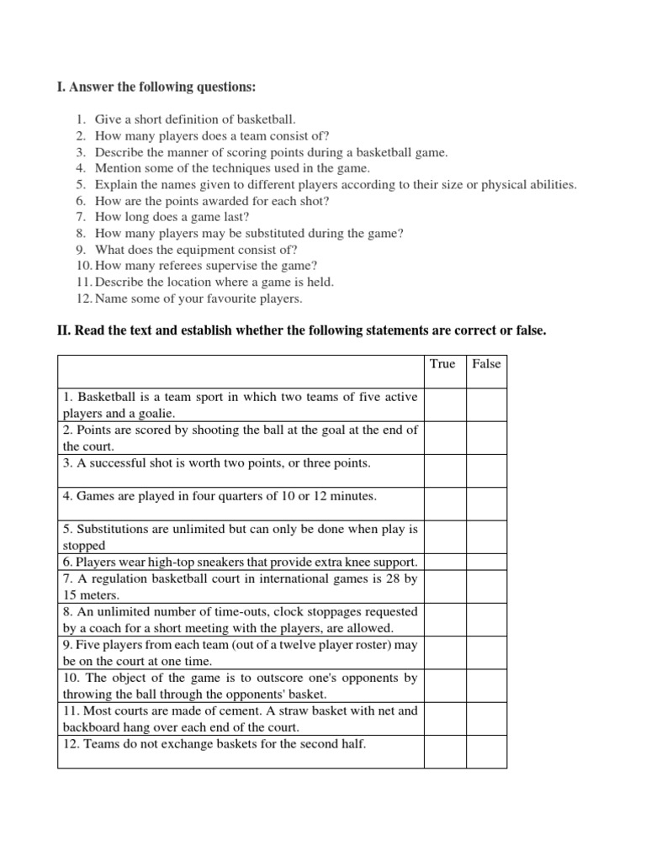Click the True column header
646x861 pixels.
[442, 363]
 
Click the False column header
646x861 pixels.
[486, 363]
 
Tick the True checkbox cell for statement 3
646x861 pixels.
[445, 471]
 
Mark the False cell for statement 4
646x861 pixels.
[487, 504]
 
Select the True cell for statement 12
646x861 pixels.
[445, 752]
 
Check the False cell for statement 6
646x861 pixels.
[487, 562]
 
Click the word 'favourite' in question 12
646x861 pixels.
[212, 298]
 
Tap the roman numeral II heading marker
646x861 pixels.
[62, 331]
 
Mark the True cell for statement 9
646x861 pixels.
[445, 652]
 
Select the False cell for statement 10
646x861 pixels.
[487, 685]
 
